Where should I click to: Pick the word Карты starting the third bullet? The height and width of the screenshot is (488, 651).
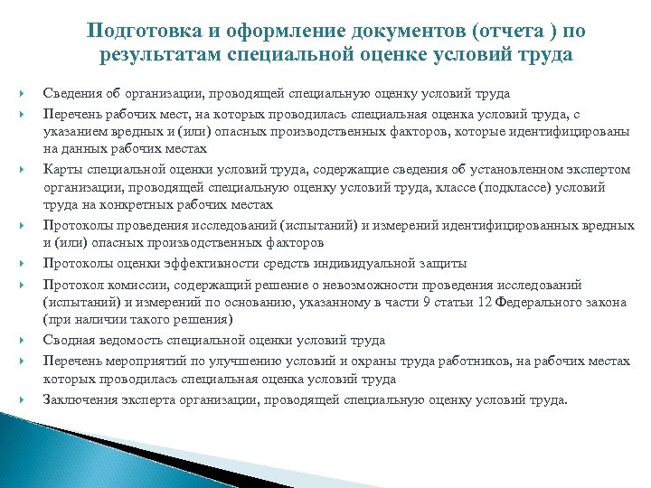click(61, 167)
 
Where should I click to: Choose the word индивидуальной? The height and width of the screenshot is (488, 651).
click(354, 264)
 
